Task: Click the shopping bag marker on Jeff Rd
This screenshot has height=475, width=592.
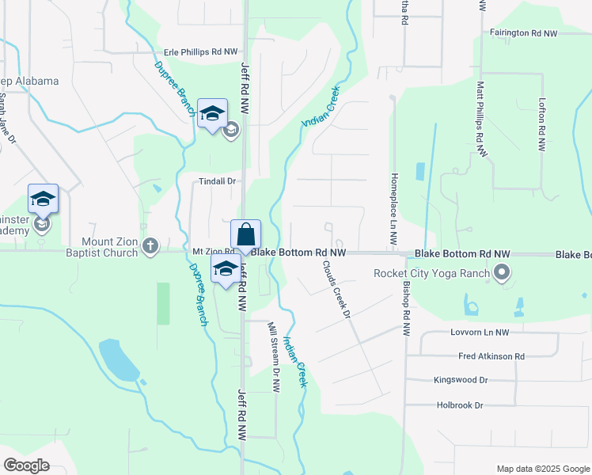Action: point(245,235)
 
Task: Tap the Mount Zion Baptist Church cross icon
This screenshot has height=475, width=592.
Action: point(151,245)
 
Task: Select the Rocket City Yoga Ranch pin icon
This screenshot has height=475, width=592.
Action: point(500,274)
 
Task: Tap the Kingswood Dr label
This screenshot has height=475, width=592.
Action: point(461,380)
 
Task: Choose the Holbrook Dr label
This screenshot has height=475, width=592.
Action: point(459,405)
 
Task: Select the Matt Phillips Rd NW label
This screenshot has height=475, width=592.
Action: point(480,112)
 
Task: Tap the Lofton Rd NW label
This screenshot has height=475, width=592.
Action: point(542,125)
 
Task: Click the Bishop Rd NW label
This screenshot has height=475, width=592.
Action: point(406,309)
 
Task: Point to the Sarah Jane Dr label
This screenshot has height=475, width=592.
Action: point(7,119)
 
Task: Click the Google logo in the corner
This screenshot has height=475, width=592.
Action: point(26,465)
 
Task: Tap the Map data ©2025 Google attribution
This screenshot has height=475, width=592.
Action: point(542,469)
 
